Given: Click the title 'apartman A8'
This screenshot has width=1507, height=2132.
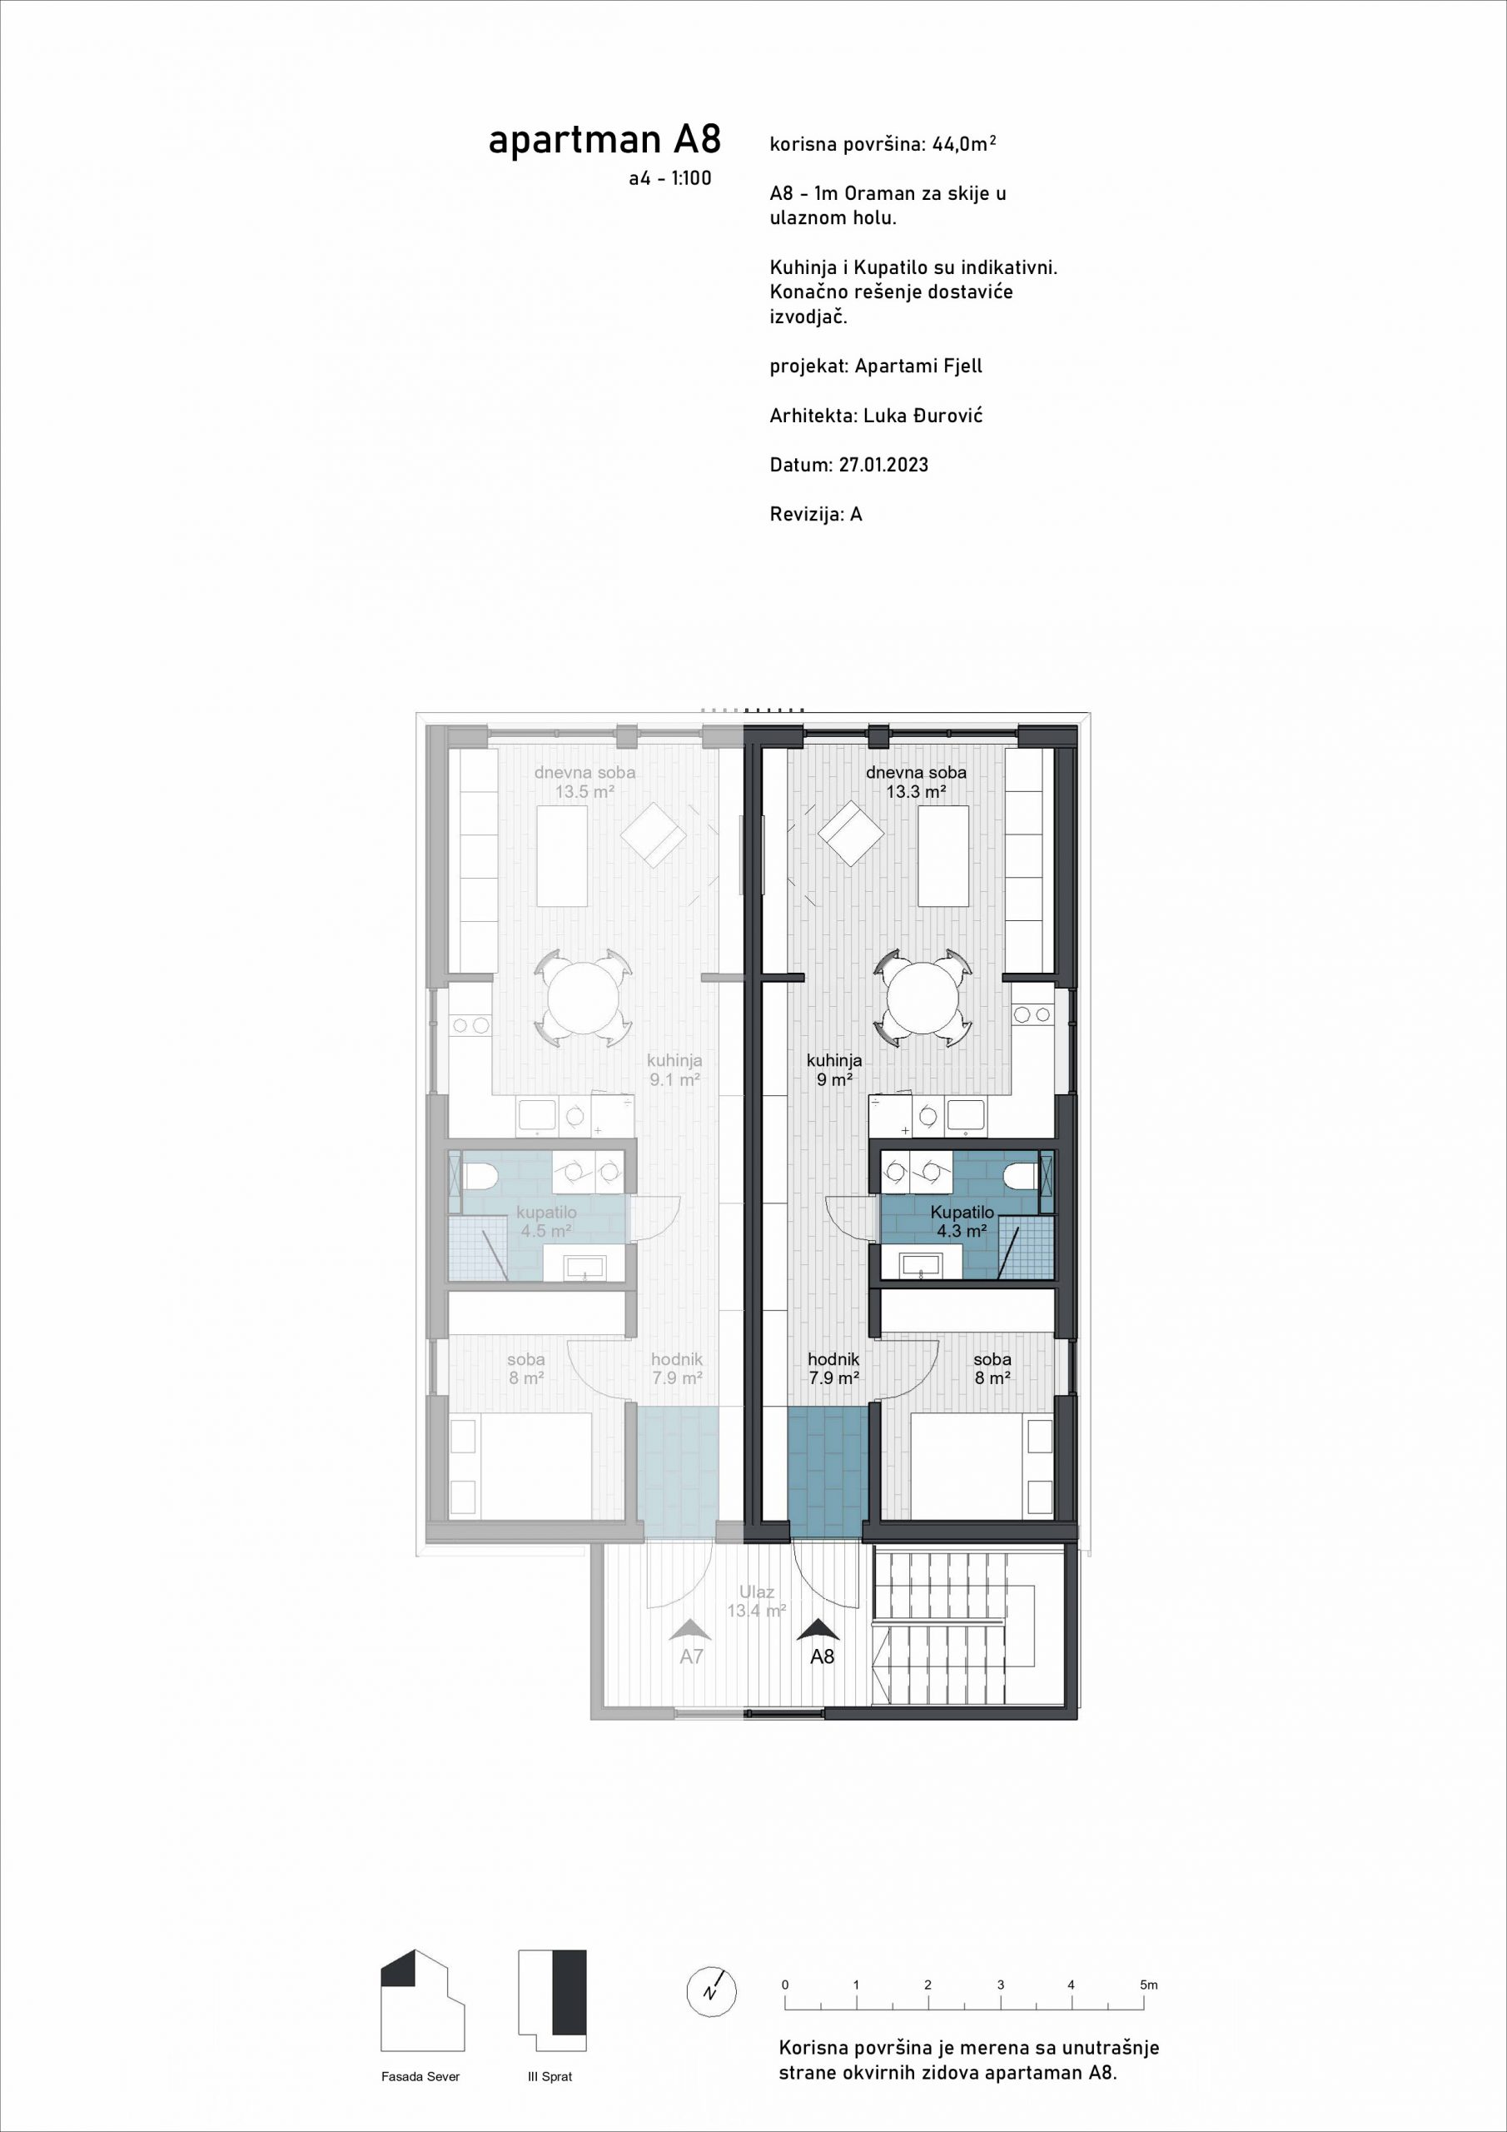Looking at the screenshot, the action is (x=604, y=140).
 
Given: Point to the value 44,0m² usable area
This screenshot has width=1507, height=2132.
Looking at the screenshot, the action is (x=965, y=144).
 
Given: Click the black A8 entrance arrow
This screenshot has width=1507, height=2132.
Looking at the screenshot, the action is (x=818, y=1630).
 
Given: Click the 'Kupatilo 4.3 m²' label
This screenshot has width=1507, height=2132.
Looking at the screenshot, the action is (x=962, y=1221).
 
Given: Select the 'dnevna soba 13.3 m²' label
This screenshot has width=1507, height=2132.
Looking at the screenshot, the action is (x=916, y=782).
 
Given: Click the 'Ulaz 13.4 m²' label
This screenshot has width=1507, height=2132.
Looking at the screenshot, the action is (x=757, y=1601).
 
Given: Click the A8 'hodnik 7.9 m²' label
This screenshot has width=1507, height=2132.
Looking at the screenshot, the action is (x=833, y=1368).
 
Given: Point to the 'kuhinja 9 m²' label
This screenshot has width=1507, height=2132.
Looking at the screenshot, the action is (x=833, y=1069).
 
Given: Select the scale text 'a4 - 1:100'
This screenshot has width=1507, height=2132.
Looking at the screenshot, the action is (x=669, y=178).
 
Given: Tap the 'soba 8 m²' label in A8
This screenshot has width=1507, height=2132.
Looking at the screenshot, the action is (x=992, y=1368).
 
